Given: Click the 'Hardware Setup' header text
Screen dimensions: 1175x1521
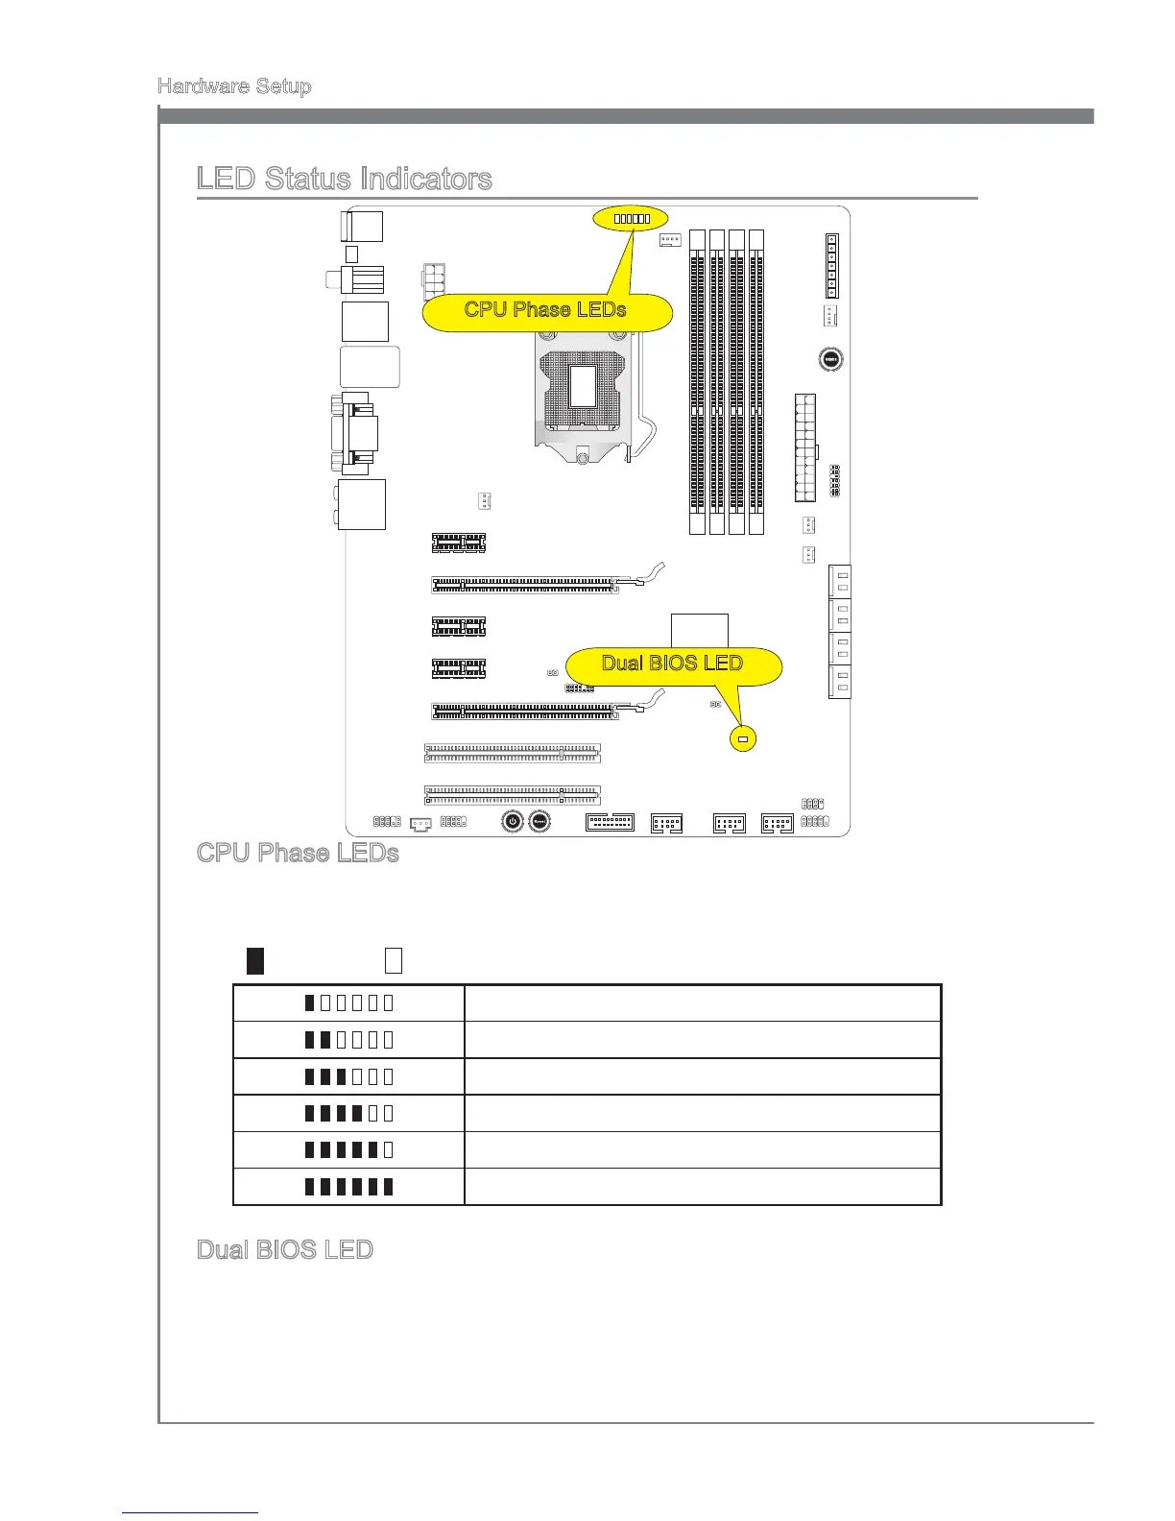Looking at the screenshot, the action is pos(234,86).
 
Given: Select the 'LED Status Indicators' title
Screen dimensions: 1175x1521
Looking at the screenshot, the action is pos(344,179).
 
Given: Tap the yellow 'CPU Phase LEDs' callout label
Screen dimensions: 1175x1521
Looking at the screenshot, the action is pos(545,310).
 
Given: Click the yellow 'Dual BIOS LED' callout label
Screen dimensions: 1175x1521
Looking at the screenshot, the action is pos(672,664).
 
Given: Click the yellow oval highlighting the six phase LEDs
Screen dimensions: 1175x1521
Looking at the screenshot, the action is pos(631,219).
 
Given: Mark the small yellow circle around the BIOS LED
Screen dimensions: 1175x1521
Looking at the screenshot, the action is pos(742,739).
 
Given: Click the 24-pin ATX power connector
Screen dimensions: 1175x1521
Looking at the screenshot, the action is pos(804,447).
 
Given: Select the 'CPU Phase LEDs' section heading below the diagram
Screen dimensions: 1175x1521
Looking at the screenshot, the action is pos(298,853).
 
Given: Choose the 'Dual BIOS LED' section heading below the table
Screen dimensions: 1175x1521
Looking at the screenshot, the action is pos(284,1249).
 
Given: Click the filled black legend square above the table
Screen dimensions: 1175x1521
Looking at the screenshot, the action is pos(255,960).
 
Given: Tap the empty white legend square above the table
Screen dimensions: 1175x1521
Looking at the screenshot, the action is pos(393,960).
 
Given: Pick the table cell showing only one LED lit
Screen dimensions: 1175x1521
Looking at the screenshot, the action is pos(348,1003).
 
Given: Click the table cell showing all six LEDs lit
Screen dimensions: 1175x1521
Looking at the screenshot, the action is pos(348,1187).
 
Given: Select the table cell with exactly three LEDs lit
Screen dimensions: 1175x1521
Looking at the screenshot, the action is pos(348,1076).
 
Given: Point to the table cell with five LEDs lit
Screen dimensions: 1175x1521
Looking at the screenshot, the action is pos(348,1150).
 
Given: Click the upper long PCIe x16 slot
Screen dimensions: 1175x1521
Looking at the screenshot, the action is pos(525,584).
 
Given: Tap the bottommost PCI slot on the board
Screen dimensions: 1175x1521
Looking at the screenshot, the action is pos(513,795).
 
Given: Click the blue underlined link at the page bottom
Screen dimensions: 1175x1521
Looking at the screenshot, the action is pos(190,1512).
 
